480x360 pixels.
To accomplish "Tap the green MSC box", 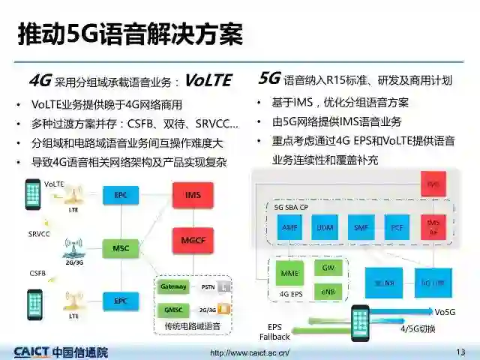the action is tap(121, 247).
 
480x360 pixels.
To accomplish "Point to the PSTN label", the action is tap(208, 286).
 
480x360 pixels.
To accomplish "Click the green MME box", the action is tap(289, 274).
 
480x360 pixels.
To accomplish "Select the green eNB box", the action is tap(328, 290).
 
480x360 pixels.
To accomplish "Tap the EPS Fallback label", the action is tap(274, 331).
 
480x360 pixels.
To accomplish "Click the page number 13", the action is tap(460, 351).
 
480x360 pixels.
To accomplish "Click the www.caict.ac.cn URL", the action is tap(250, 352).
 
